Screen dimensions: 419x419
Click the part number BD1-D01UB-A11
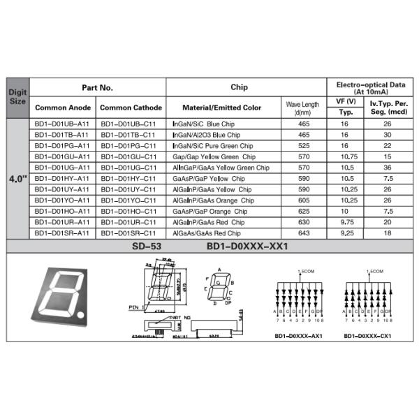pos(61,123)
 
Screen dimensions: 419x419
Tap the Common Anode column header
pos(62,108)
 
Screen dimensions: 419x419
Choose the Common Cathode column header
pos(131,108)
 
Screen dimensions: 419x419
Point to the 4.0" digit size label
pos(17,178)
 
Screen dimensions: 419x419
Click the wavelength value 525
pos(304,145)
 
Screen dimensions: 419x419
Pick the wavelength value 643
pos(304,233)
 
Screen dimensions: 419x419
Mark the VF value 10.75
pos(344,156)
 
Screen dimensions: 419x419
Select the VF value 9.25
pos(344,233)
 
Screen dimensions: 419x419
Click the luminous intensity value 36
pos(387,168)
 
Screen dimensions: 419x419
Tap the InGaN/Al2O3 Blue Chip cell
pos(206,134)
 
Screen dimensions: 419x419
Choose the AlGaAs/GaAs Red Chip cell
pos(206,233)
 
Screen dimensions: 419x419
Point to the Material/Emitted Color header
pos(221,108)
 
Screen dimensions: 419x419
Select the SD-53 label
pos(145,247)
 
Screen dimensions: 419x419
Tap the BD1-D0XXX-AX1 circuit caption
pos(298,336)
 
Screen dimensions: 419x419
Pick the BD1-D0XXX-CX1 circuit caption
pos(367,336)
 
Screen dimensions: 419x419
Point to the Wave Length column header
pos(302,108)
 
